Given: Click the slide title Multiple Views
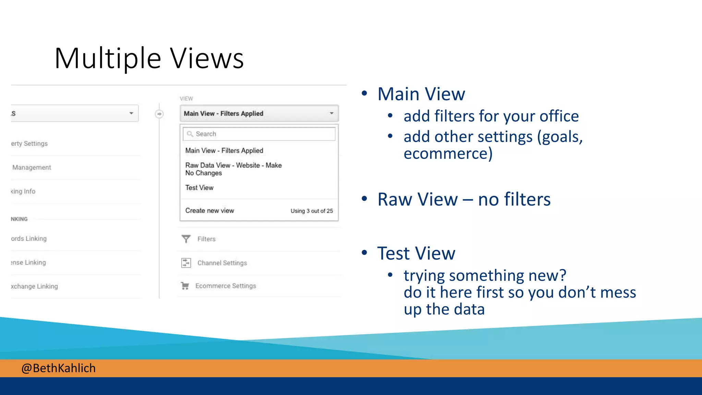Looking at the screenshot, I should [149, 58].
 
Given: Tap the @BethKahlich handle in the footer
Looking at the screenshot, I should [58, 368].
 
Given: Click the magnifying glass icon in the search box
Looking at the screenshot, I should [190, 134].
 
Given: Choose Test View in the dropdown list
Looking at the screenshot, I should [199, 188].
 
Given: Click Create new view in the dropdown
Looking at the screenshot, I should [209, 211].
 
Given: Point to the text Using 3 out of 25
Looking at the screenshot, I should [312, 211].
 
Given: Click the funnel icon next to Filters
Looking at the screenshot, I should [186, 239].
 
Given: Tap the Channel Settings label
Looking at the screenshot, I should [222, 263].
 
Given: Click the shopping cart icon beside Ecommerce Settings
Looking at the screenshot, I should [185, 286].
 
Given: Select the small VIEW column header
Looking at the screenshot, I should [186, 98].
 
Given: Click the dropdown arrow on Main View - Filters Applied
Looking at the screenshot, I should [331, 113].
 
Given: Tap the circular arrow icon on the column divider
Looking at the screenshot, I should [159, 114].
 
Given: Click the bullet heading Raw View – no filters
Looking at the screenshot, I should [463, 199].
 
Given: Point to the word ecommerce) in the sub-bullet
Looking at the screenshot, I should [448, 153].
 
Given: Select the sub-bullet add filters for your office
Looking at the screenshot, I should [491, 116].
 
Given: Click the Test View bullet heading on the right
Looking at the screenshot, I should [416, 253].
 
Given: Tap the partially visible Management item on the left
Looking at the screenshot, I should [32, 167].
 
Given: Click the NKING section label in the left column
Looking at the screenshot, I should [19, 219].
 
